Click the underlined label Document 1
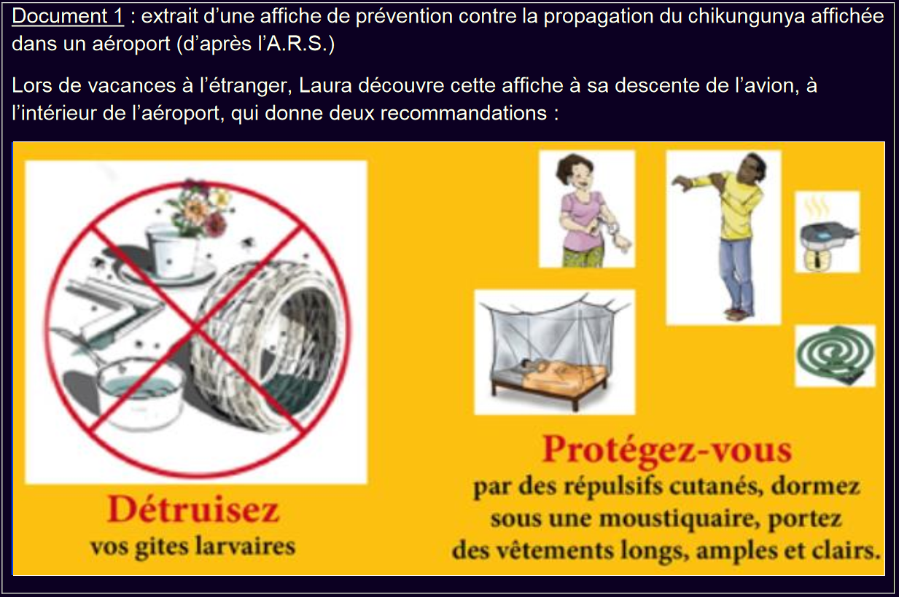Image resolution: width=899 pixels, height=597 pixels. coord(68,17)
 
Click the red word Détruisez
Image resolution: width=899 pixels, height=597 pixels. coord(193,509)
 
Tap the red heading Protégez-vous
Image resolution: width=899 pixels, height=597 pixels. coord(667,450)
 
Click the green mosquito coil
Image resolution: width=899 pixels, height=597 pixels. coord(836,356)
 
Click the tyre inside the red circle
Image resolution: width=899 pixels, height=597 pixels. coord(265,345)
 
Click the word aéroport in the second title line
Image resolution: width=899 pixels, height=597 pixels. coord(131,44)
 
